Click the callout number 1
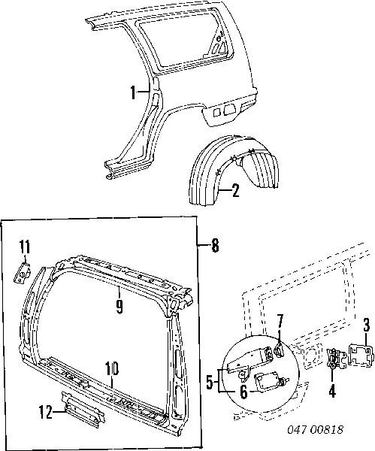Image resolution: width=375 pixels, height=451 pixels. pyautogui.click(x=133, y=92)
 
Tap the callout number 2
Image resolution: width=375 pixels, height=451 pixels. pyautogui.click(x=235, y=190)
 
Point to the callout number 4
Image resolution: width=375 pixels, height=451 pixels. pyautogui.click(x=332, y=391)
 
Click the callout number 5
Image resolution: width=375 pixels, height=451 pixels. pyautogui.click(x=210, y=383)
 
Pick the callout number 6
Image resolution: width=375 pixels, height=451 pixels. pyautogui.click(x=243, y=392)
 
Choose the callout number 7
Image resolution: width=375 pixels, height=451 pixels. pyautogui.click(x=280, y=321)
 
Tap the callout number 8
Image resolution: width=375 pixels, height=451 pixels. pyautogui.click(x=215, y=245)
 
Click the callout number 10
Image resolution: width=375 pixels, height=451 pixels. pyautogui.click(x=112, y=368)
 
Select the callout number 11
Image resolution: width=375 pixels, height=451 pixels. pyautogui.click(x=25, y=247)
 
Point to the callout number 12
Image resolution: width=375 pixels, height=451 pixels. pyautogui.click(x=45, y=412)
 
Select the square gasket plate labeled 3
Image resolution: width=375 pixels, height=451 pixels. pyautogui.click(x=361, y=356)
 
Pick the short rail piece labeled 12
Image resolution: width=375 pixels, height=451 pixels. pyautogui.click(x=83, y=412)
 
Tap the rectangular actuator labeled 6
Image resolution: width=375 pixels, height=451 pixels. pyautogui.click(x=269, y=380)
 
